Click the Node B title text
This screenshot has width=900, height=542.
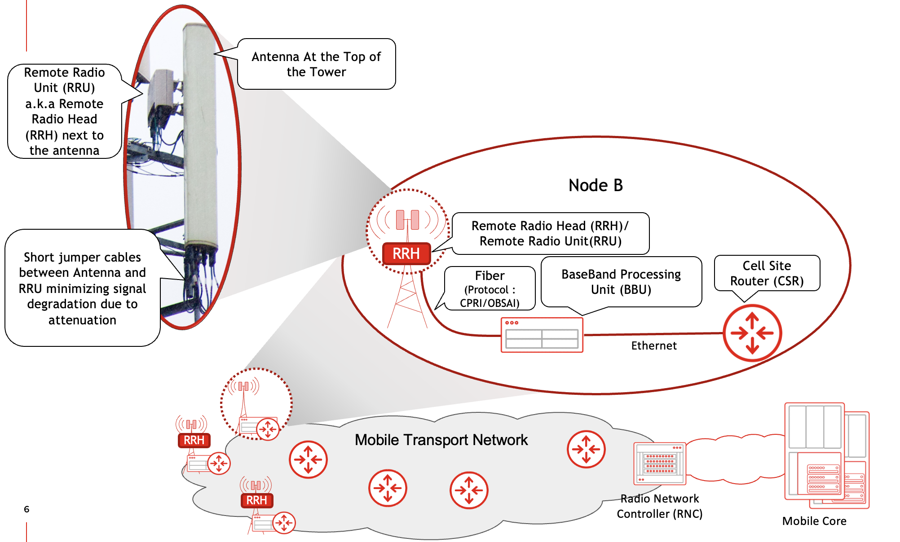click(x=596, y=185)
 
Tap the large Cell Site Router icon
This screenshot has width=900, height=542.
click(x=752, y=333)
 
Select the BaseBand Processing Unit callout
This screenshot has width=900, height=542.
click(x=621, y=282)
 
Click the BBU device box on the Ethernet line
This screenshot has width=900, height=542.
click(x=542, y=335)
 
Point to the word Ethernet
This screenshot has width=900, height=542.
click(x=653, y=345)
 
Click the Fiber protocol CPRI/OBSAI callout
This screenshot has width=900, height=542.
click(x=490, y=289)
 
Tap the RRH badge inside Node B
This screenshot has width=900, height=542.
click(x=406, y=254)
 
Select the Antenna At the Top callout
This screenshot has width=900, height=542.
click(x=316, y=64)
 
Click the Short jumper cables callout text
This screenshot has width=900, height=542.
click(x=82, y=288)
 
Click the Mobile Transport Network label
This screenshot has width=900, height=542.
click(x=441, y=440)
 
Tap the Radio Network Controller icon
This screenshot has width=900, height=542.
click(x=659, y=463)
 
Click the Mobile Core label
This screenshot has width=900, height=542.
click(x=814, y=521)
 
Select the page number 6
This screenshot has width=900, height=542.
click(x=26, y=509)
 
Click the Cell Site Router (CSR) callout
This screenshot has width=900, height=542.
click(x=767, y=273)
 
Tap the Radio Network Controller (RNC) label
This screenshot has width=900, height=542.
click(x=659, y=506)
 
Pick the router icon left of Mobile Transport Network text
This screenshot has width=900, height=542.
click(x=308, y=459)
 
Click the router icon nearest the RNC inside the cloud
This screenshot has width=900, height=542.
click(x=586, y=449)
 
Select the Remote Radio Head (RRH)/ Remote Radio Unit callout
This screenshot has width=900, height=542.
click(x=550, y=233)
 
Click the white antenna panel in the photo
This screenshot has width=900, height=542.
click(x=200, y=135)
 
